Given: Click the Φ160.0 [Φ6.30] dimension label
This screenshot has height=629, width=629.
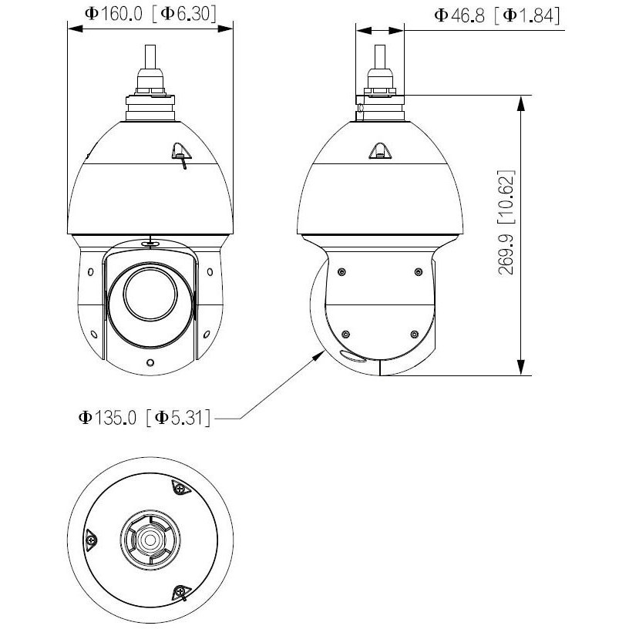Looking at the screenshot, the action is pyautogui.click(x=150, y=15).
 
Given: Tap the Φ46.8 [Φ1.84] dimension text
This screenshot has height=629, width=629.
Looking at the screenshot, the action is pyautogui.click(x=497, y=16).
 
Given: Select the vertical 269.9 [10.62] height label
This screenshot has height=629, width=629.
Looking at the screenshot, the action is pyautogui.click(x=506, y=223).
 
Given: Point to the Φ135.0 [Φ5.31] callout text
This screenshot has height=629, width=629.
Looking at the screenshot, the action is pyautogui.click(x=144, y=418).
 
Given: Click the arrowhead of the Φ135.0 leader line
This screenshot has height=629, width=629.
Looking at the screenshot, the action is pyautogui.click(x=320, y=355).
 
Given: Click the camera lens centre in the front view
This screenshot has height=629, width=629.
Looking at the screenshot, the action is pyautogui.click(x=150, y=294).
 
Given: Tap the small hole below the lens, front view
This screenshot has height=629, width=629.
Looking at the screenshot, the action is pyautogui.click(x=150, y=362).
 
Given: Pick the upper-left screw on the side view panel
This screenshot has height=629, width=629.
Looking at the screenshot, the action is pyautogui.click(x=341, y=272).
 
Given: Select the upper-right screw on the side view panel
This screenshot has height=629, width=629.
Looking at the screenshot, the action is pyautogui.click(x=418, y=272).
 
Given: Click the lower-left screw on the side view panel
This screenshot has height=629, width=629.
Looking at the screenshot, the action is pyautogui.click(x=345, y=335).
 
